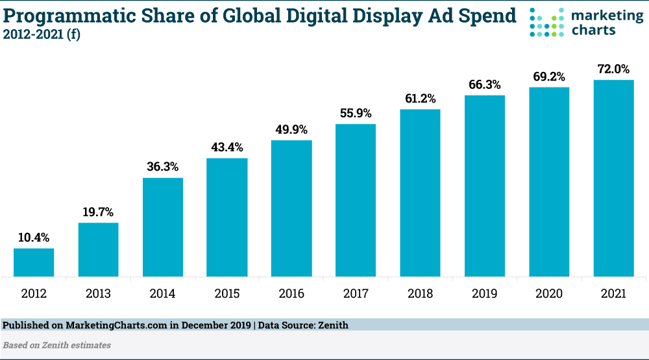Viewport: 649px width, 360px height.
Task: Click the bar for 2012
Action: [34, 262]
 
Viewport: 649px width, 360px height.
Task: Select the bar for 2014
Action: [163, 227]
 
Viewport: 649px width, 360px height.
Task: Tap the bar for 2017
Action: [356, 200]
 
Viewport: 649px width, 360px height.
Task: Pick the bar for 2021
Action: [613, 178]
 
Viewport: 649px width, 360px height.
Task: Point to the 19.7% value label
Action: [98, 212]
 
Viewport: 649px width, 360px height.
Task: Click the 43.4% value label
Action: [227, 147]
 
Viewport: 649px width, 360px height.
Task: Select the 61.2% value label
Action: [420, 99]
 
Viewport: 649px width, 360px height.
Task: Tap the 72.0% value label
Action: [613, 69]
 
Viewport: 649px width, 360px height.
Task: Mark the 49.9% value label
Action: [291, 130]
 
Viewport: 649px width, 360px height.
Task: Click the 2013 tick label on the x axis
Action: [98, 294]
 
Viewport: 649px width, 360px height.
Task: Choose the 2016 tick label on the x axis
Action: [291, 294]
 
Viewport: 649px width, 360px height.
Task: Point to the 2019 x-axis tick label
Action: [484, 294]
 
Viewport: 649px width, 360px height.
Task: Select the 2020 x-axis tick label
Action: [549, 294]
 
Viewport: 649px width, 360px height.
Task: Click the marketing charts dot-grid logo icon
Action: [544, 22]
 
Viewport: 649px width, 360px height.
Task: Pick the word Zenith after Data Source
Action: [332, 325]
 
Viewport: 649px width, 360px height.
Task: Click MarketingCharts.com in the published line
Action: [110, 325]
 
